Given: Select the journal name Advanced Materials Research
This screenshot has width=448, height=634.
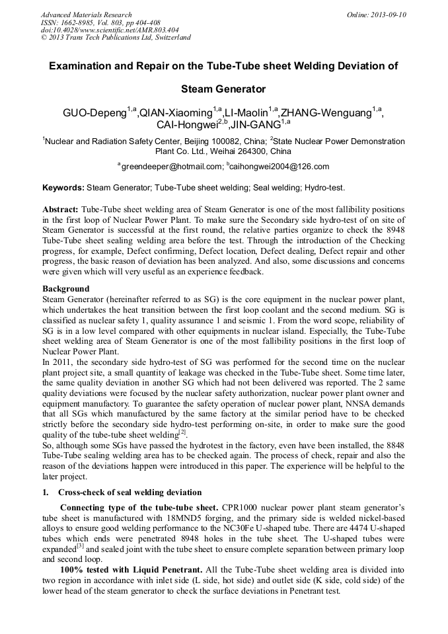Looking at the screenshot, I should click(87, 15).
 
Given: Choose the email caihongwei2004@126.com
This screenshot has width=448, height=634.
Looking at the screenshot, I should click(280, 167).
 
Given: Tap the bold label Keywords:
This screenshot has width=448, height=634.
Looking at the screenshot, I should click(63, 188).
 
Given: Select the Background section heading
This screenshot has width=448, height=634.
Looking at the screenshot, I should click(65, 289).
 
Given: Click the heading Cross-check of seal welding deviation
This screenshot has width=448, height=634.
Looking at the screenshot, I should click(130, 492).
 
